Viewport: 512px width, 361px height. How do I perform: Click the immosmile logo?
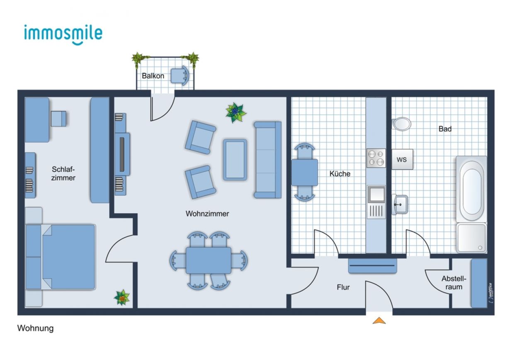click(x=63, y=35)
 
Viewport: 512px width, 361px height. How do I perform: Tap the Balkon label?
click(x=153, y=76)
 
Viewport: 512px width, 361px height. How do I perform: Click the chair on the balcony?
click(x=180, y=75)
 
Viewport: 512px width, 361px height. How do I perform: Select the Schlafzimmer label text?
click(x=63, y=173)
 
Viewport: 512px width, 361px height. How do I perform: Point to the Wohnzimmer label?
click(x=207, y=214)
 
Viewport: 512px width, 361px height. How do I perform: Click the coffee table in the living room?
click(x=235, y=160)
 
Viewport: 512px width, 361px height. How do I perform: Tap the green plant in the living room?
click(x=235, y=112)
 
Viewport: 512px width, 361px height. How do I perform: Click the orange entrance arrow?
click(x=379, y=320)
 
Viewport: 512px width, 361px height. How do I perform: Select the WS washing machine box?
click(x=402, y=159)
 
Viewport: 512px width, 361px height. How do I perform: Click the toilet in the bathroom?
click(x=401, y=124)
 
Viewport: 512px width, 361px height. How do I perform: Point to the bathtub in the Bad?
click(x=471, y=189)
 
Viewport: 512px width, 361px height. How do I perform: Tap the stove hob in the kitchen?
click(x=376, y=158)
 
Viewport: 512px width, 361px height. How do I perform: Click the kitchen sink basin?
click(x=376, y=194)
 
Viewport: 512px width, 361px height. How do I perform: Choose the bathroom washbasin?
click(x=400, y=204)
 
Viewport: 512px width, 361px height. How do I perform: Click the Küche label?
click(x=340, y=173)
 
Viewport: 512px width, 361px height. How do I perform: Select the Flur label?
click(x=343, y=287)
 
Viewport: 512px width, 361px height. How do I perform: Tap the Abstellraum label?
click(x=454, y=282)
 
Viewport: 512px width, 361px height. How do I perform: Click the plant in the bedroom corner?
click(x=122, y=297)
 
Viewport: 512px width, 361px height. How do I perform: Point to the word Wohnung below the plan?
click(x=35, y=328)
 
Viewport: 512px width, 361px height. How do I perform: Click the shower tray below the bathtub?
click(x=471, y=238)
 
